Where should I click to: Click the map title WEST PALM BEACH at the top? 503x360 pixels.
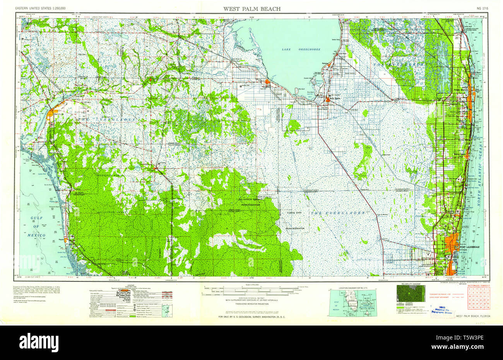[251, 9]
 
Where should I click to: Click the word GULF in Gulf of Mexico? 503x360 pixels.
[38, 218]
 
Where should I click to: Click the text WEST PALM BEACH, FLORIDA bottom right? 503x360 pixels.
[473, 316]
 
